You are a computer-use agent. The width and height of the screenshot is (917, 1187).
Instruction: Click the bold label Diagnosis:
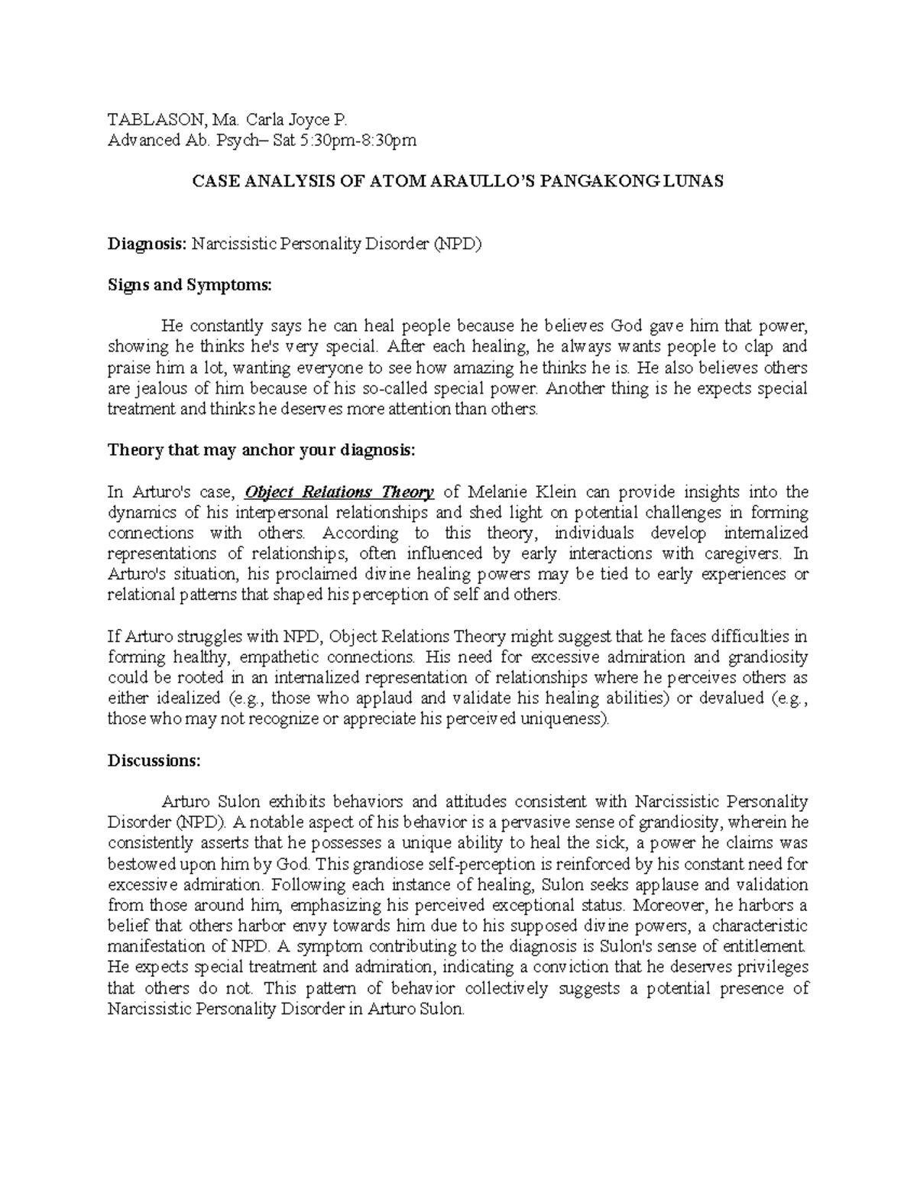click(147, 245)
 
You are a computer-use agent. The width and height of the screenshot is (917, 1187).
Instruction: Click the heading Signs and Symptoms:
click(189, 285)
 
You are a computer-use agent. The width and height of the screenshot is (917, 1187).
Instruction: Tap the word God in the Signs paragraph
click(627, 326)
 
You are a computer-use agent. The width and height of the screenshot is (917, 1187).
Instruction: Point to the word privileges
click(773, 967)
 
